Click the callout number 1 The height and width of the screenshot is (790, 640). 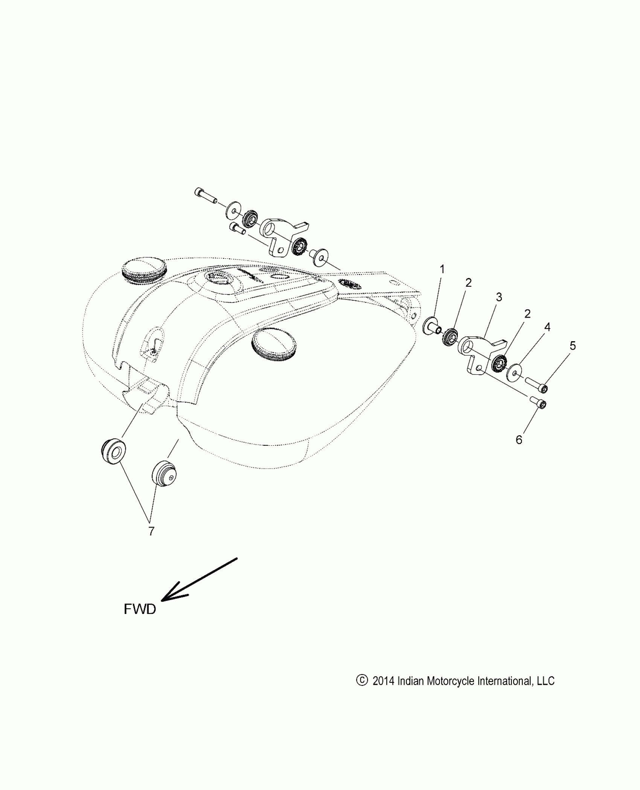[x=442, y=269]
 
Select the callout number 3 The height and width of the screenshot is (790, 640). [x=499, y=297]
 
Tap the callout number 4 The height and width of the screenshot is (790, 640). [x=547, y=327]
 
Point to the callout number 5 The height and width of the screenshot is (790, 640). [x=573, y=346]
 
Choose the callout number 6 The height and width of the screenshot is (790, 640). [x=519, y=440]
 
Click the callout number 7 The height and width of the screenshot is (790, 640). [x=151, y=531]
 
